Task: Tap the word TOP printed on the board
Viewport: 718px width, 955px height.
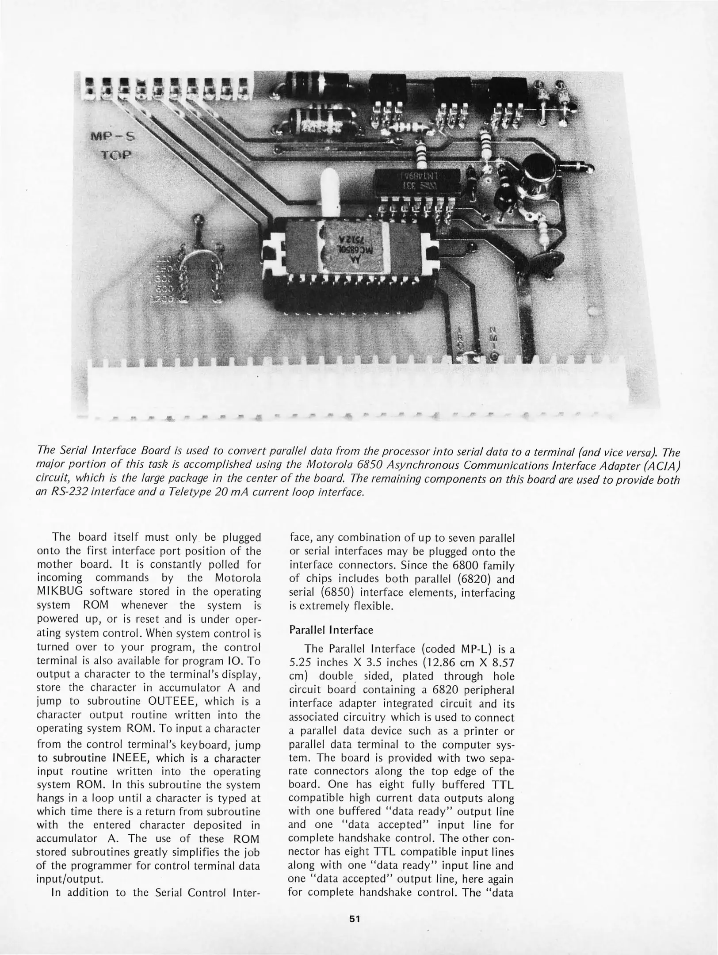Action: click(116, 156)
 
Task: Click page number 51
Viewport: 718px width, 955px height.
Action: click(355, 919)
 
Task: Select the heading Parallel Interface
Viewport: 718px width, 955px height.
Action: click(331, 630)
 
